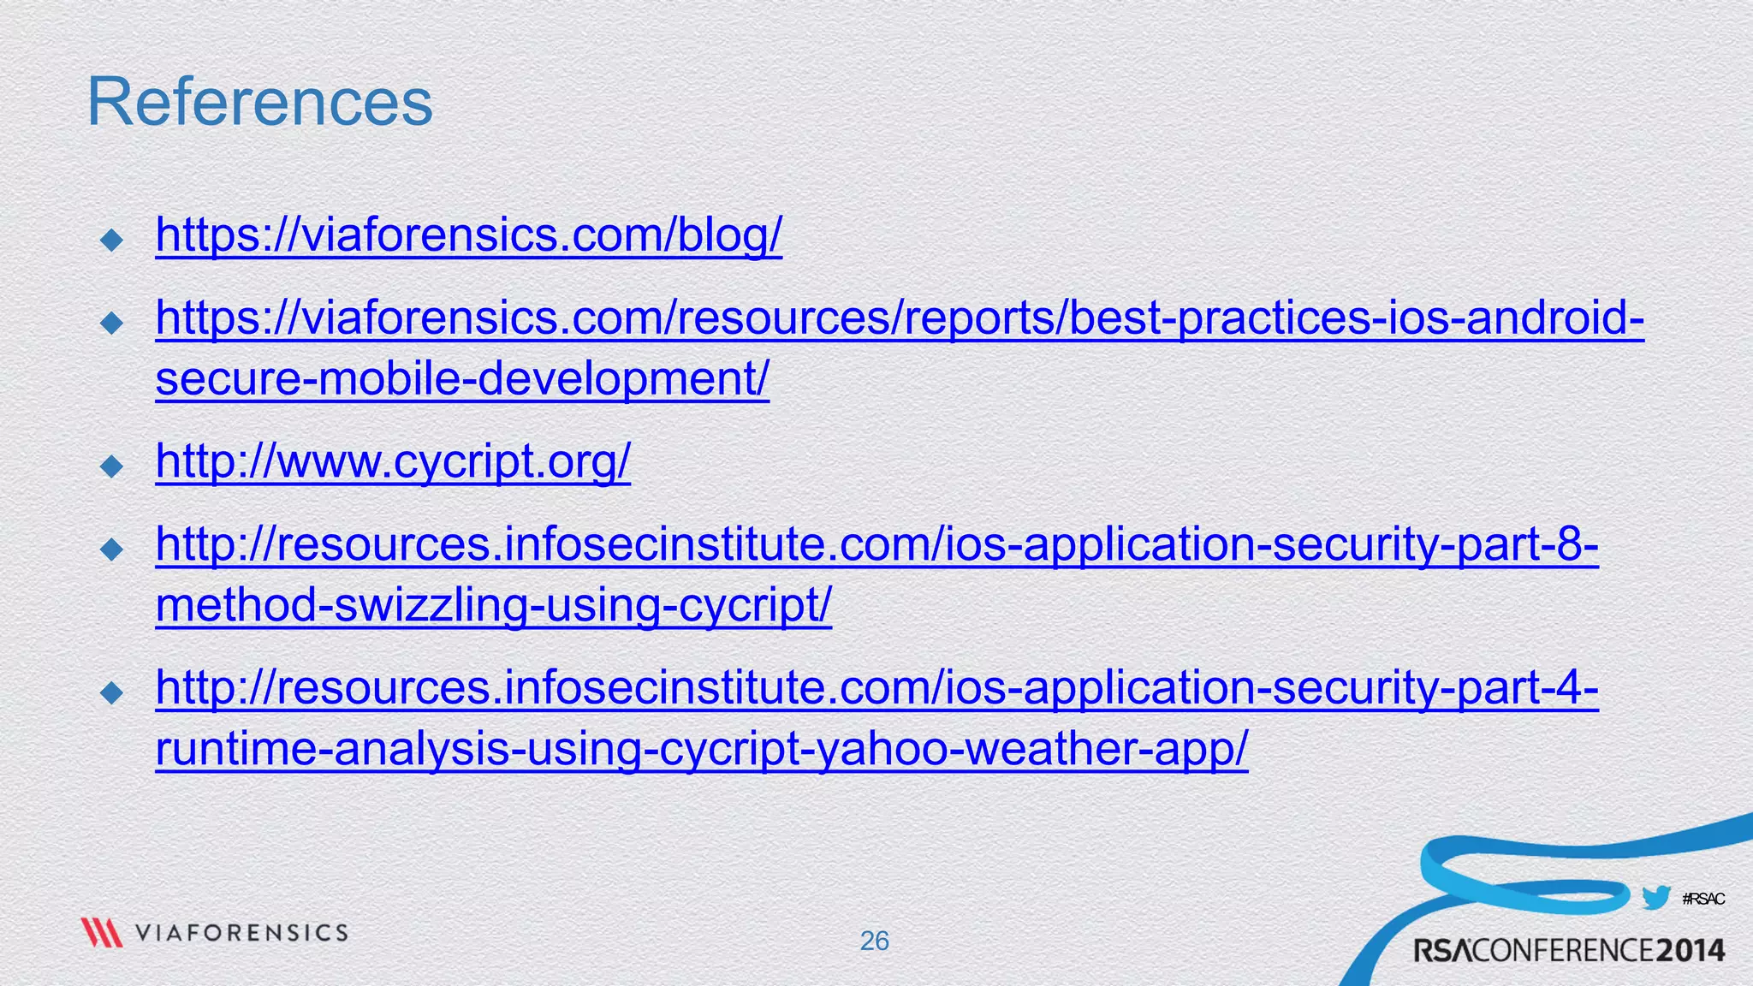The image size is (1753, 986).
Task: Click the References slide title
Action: click(260, 103)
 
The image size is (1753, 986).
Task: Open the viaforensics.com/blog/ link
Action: click(468, 235)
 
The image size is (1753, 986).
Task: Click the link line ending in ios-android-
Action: click(900, 318)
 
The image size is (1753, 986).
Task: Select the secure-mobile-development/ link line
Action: click(462, 378)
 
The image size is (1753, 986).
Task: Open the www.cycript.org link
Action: click(393, 462)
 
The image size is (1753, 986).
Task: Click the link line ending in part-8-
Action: click(876, 544)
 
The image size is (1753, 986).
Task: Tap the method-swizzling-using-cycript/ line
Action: click(493, 606)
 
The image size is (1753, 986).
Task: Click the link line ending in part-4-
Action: click(876, 688)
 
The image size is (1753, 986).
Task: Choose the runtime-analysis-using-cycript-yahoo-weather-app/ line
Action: click(702, 749)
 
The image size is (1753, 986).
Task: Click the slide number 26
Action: click(874, 941)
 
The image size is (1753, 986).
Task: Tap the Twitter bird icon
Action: click(1655, 898)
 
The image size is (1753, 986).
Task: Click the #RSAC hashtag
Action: click(1702, 899)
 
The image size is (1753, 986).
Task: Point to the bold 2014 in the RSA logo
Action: click(1690, 951)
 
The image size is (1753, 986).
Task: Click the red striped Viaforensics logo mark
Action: click(101, 932)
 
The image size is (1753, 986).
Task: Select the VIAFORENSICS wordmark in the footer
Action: click(241, 933)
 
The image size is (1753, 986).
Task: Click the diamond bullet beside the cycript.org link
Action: click(112, 466)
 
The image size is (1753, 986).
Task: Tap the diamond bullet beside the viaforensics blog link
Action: click(112, 240)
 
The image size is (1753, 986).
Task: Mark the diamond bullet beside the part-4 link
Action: click(112, 692)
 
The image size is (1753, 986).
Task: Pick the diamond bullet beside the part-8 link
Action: click(112, 549)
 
